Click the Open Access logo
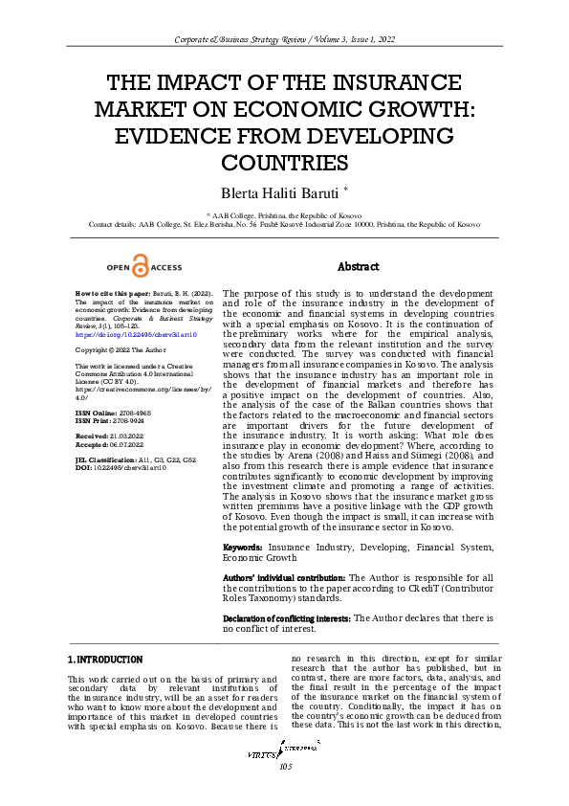[140, 266]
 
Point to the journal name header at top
[284, 38]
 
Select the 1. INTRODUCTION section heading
[106, 660]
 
